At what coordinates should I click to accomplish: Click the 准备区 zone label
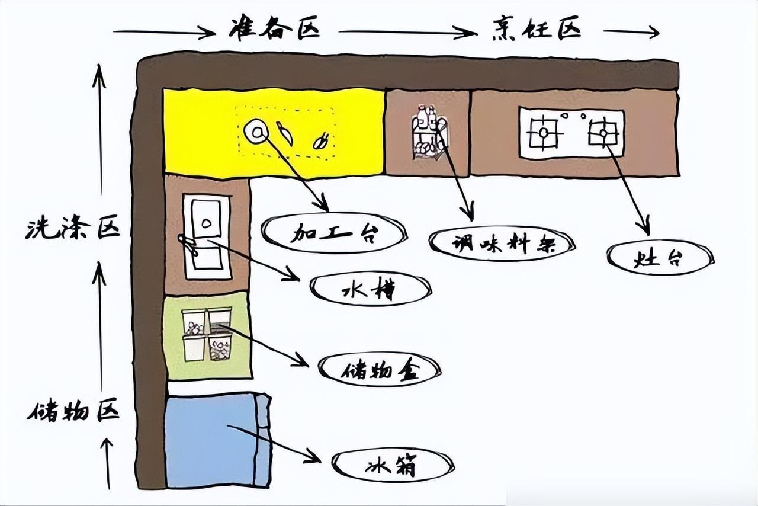(x=274, y=30)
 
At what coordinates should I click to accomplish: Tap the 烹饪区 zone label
(x=535, y=28)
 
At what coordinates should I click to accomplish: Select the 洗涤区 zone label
(x=72, y=229)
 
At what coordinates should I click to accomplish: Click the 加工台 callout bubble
(x=334, y=233)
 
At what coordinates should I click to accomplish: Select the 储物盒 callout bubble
(x=380, y=370)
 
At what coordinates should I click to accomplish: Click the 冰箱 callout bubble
(x=392, y=465)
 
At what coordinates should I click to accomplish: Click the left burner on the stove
(x=544, y=133)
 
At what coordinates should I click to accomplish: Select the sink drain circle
(x=207, y=223)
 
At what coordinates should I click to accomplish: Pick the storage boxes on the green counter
(x=206, y=334)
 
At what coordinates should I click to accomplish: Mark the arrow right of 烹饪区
(x=631, y=32)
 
